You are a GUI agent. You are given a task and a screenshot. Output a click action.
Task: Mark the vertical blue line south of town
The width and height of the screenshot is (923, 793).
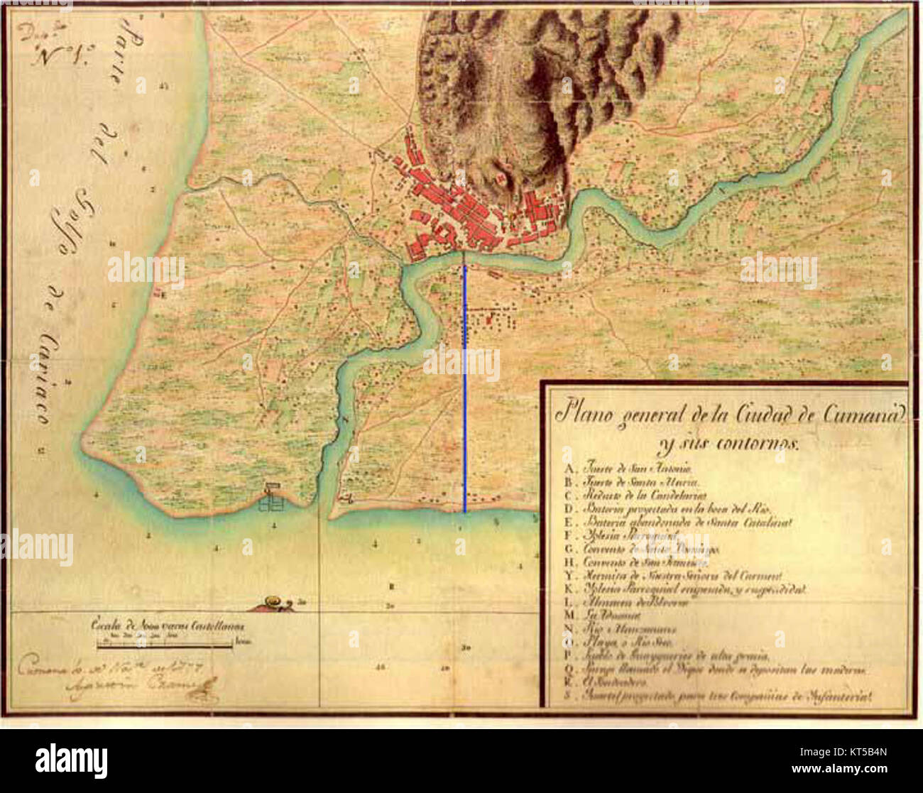(x=465, y=387)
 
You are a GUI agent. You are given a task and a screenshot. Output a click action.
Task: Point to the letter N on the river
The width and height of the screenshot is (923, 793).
(x=346, y=420)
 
